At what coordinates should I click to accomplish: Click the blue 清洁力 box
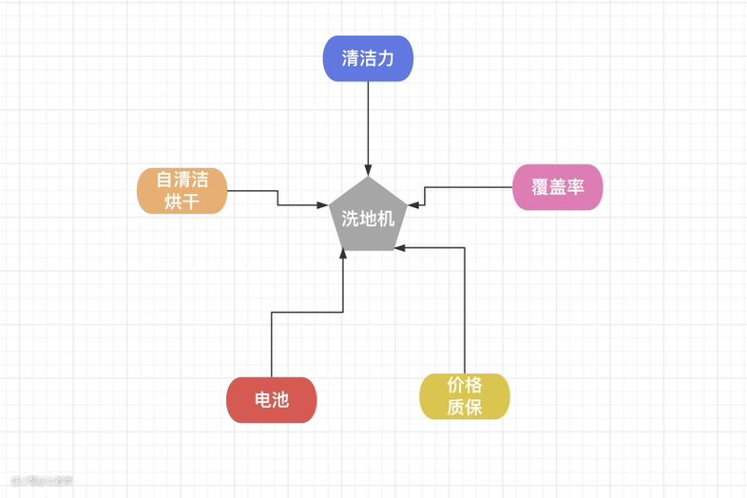coord(367,59)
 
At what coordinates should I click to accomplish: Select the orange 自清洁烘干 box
coord(182,190)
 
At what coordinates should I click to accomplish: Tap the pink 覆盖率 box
coord(558,187)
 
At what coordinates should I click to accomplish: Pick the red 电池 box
coord(271,400)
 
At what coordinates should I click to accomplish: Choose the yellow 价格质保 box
coord(465,396)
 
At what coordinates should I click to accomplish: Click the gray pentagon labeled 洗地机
coord(368,218)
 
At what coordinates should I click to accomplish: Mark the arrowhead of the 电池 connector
coord(342,254)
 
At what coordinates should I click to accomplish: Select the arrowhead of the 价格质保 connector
coord(399,248)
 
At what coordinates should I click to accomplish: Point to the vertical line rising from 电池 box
coord(272,347)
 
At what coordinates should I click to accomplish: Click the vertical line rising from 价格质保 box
coord(465,314)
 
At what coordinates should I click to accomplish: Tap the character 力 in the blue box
coord(385,59)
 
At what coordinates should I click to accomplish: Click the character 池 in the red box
coord(279,400)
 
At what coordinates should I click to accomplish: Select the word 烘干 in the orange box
coord(182,201)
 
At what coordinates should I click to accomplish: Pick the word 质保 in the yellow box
coord(465,408)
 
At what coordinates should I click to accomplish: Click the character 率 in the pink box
coord(575,187)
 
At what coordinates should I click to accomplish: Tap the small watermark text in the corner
coord(42,479)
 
